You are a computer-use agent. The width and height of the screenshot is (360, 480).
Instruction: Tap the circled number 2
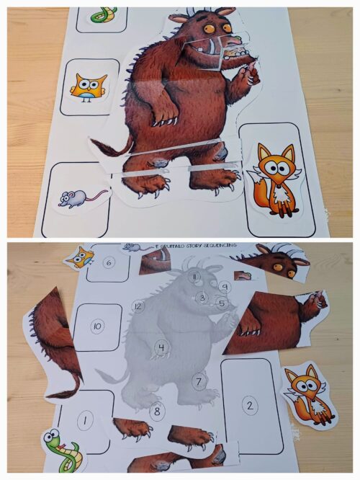250,406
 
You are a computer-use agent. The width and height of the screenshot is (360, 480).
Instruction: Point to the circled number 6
109,263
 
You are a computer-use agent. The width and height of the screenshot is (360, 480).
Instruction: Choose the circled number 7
199,380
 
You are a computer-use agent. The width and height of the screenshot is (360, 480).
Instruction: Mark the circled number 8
157,412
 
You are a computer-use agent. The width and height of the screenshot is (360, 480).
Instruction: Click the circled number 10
97,326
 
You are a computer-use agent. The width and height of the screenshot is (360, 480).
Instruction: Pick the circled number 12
138,307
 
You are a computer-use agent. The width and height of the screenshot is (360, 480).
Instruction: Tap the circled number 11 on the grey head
194,277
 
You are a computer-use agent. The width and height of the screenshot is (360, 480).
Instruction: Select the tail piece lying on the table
54,339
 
